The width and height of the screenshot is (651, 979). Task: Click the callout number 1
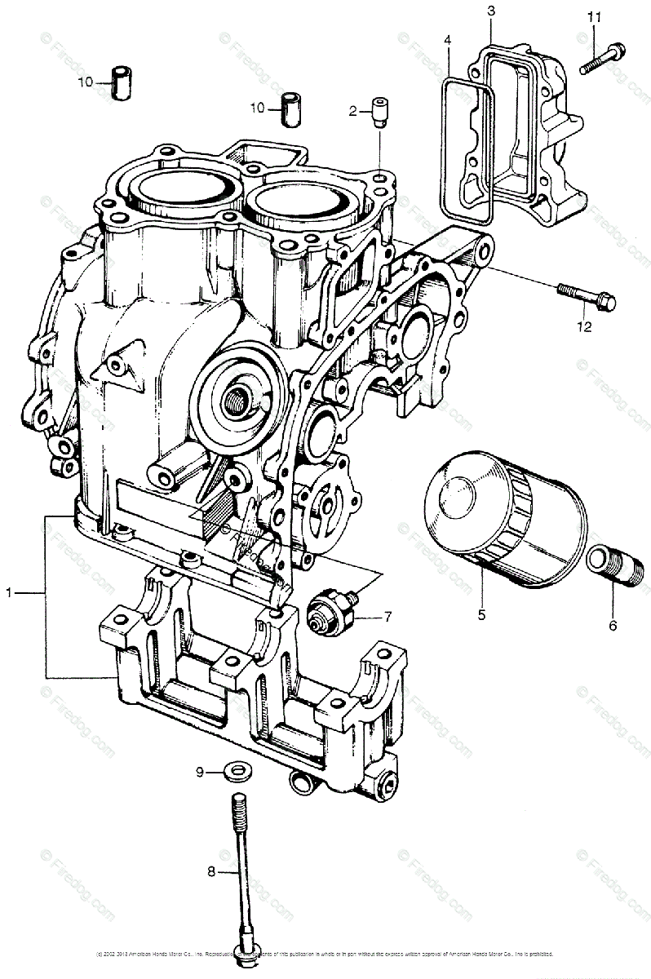[x=11, y=594]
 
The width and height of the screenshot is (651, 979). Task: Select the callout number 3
[x=490, y=11]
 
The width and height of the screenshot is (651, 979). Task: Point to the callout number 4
[x=448, y=40]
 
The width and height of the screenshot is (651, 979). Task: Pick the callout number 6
[x=613, y=627]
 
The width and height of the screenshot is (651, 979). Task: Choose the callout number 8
[x=210, y=872]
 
